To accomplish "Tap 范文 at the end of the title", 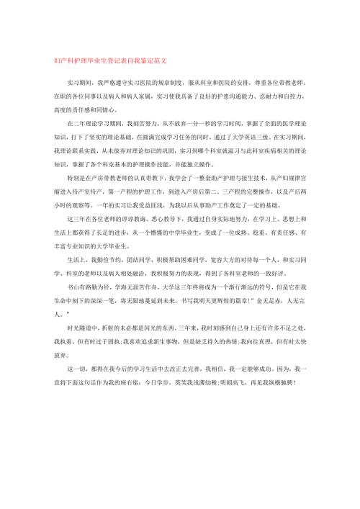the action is pyautogui.click(x=161, y=60).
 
